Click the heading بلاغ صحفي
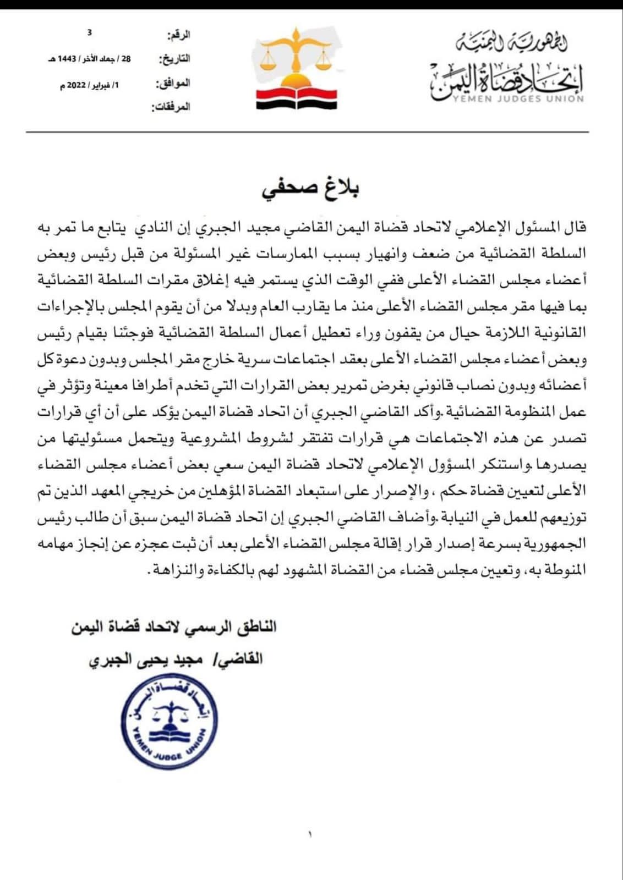click(x=311, y=189)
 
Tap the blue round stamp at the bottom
click(x=170, y=721)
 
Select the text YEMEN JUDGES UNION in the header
click(x=518, y=99)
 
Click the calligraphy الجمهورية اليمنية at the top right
click(x=512, y=42)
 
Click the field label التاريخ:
click(x=174, y=58)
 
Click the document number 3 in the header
click(x=90, y=33)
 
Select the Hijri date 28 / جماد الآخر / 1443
click(x=90, y=59)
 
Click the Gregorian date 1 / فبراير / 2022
click(x=89, y=85)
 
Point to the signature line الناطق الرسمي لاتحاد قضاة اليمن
click(x=174, y=628)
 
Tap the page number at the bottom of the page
click(x=310, y=835)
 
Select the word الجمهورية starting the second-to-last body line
click(x=558, y=544)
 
